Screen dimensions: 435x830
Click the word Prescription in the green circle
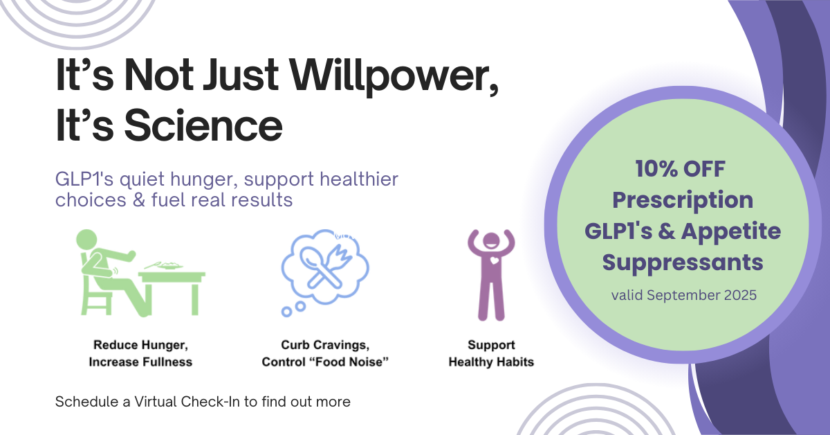click(x=683, y=200)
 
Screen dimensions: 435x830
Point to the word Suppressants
click(x=683, y=262)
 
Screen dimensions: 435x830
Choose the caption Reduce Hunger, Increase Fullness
click(x=140, y=353)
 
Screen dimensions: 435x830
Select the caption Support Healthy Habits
click(x=491, y=353)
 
